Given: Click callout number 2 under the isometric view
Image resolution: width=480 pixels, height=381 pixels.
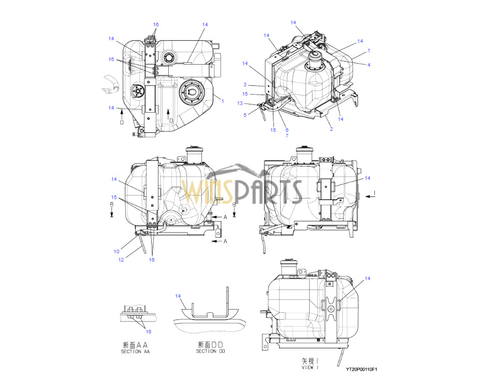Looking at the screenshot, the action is coord(331,129).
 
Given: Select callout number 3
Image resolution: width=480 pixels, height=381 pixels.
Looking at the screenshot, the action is coord(245,85).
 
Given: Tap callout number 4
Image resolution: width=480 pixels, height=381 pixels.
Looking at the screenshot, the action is coord(369,65).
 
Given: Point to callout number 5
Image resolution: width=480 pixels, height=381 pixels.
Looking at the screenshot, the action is coord(245,115).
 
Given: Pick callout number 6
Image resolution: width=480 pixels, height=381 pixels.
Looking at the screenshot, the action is coord(287,130).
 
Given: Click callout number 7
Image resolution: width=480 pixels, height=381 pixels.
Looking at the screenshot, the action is coord(287,135).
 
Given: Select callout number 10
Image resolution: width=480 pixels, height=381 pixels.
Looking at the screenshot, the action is coord(117,251).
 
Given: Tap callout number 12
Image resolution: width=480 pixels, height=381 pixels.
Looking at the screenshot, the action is coord(121,260).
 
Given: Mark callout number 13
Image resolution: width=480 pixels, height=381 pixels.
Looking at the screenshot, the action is coord(240,103).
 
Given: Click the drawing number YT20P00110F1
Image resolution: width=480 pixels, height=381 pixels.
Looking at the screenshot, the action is coord(361,370).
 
